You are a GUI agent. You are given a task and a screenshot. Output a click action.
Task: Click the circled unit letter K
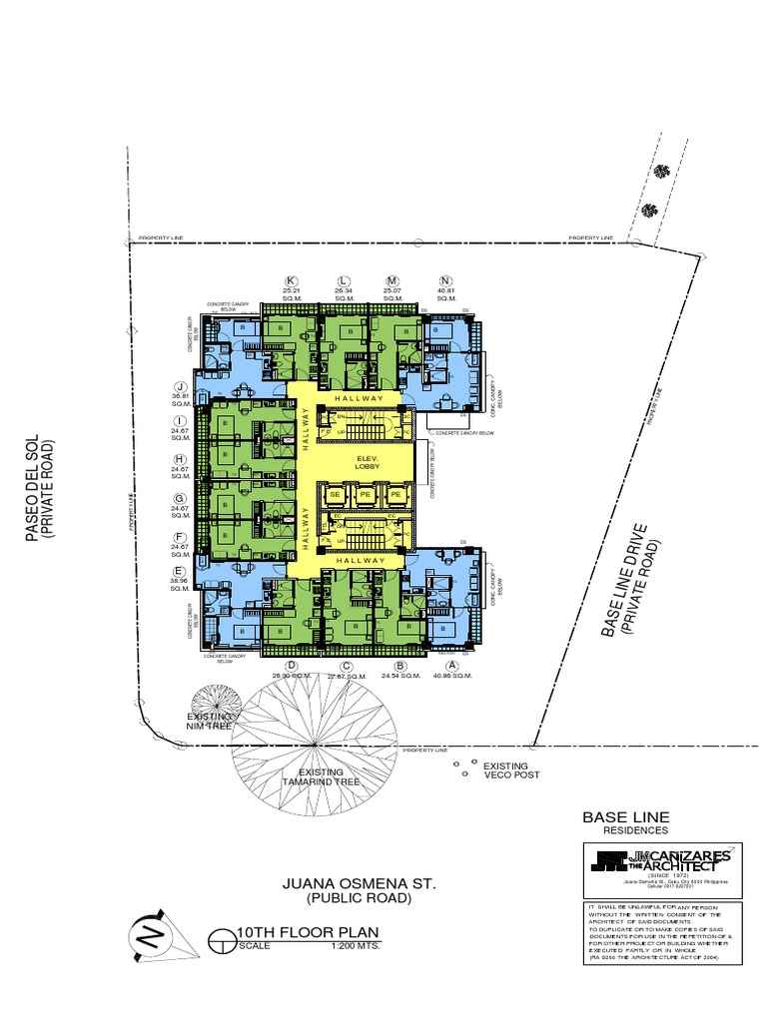tap(293, 280)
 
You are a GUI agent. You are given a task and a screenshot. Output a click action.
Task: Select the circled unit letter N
tap(445, 280)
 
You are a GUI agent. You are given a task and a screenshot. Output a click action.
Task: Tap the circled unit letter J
tap(181, 387)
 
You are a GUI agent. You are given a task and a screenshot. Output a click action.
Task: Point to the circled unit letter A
tap(452, 665)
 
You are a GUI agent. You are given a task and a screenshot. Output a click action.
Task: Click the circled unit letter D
tap(293, 665)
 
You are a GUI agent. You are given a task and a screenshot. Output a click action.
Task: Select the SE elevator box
tap(336, 494)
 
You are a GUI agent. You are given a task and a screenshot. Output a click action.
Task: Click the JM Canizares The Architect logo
tap(661, 860)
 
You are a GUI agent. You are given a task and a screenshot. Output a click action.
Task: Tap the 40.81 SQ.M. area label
tap(445, 294)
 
